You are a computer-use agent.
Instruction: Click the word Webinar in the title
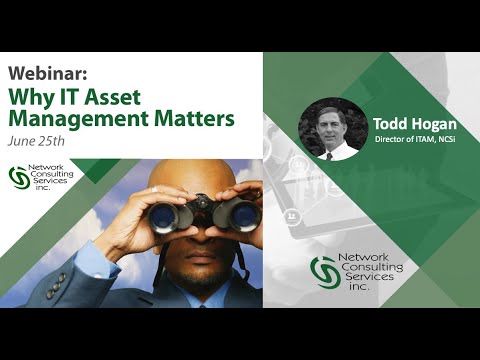tap(44, 75)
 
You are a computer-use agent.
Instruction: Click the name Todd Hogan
tap(415, 125)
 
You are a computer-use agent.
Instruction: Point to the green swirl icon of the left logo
tap(19, 177)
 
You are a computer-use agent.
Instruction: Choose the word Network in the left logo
tap(45, 170)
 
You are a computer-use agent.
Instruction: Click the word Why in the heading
tap(32, 97)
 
